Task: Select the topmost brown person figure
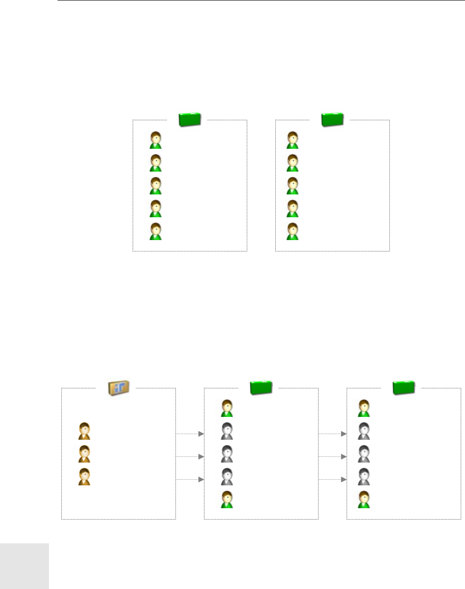(x=85, y=431)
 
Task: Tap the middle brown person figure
(x=85, y=454)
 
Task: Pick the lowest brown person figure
(x=85, y=477)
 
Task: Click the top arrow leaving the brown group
(x=190, y=434)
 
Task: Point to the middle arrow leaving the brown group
(x=190, y=457)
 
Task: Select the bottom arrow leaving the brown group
(x=190, y=480)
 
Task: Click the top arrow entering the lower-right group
(x=333, y=434)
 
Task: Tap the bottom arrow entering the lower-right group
(x=333, y=480)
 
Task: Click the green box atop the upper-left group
(x=190, y=119)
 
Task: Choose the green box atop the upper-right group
(x=332, y=119)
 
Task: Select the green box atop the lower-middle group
(x=261, y=387)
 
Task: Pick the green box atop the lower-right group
(x=404, y=387)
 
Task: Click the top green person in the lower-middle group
(x=227, y=408)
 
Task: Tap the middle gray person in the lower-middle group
(x=227, y=454)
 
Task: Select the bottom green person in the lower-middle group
(x=227, y=500)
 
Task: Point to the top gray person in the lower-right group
(x=364, y=431)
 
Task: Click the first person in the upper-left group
(x=156, y=140)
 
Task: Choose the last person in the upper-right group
(x=293, y=232)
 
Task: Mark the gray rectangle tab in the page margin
(x=24, y=566)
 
